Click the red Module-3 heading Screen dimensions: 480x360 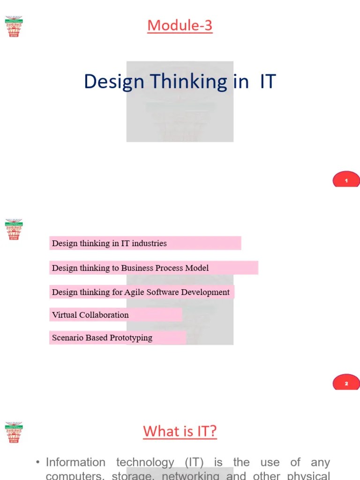180,25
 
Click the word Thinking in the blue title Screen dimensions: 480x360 182,82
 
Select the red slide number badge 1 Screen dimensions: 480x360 346,180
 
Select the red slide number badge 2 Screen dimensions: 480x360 346,383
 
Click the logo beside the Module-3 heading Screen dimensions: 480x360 14,26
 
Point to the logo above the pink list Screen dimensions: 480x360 14,229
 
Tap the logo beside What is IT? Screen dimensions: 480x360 14,432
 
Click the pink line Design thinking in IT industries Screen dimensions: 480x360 109,243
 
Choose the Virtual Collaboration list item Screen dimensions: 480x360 90,315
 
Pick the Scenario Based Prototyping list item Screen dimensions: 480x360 102,337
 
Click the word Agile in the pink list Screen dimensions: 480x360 135,292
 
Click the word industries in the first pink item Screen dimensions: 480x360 149,243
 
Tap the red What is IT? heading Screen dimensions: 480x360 180,431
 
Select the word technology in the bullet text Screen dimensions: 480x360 143,463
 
